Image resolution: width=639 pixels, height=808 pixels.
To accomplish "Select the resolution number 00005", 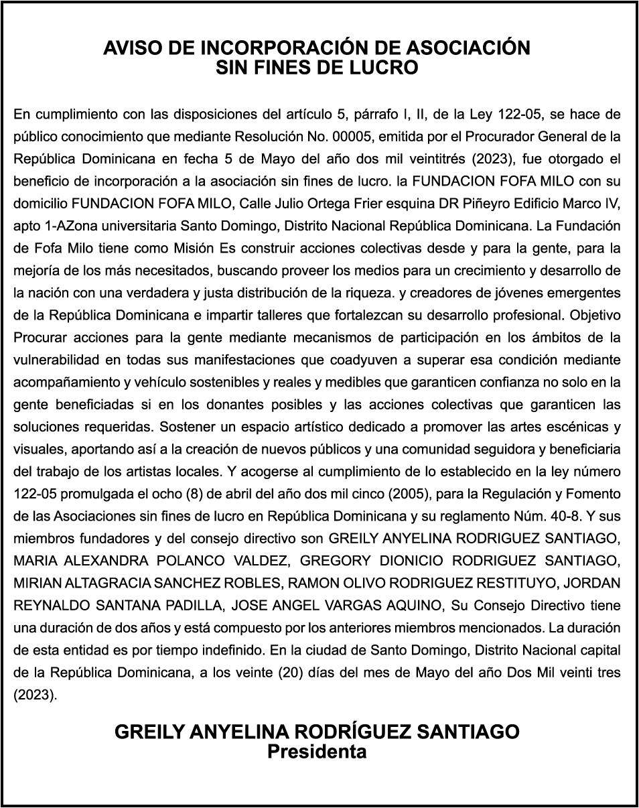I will coord(352,137).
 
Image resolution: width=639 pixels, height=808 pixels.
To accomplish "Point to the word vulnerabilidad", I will coord(54,360).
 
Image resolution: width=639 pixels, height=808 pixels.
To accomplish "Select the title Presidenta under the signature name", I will coord(317,752).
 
